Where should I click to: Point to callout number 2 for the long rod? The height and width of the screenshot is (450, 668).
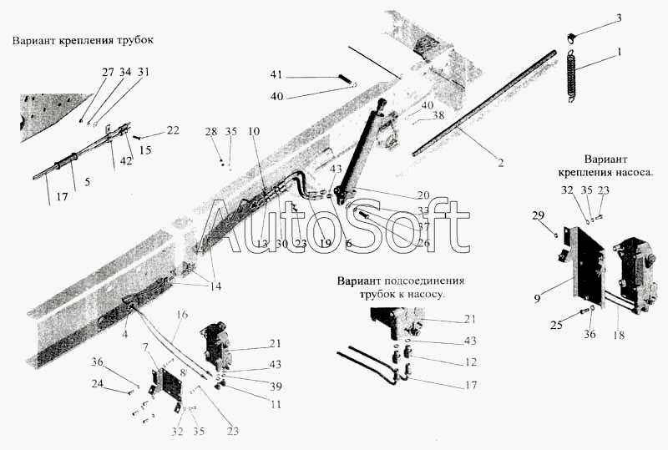coord(500,164)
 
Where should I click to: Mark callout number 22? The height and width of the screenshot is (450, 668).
coord(172,129)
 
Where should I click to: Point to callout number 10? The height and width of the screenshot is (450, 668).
coord(254,131)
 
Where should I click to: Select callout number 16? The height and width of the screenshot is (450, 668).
coord(183,313)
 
